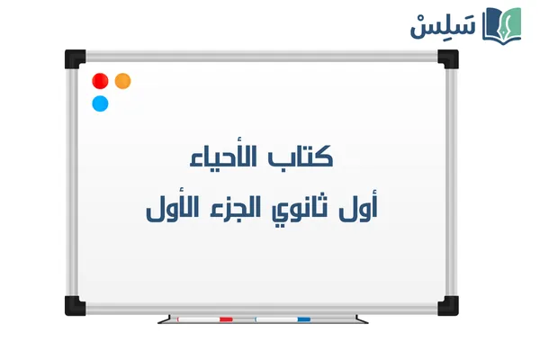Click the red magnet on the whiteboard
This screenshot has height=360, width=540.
[x=99, y=81]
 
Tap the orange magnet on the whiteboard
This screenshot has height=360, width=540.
[x=123, y=81]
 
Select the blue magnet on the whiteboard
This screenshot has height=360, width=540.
[x=100, y=103]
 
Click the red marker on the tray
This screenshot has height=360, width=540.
[x=204, y=319]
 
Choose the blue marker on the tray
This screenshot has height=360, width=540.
[x=283, y=319]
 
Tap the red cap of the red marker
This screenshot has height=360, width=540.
[x=226, y=319]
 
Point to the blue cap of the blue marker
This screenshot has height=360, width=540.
[x=303, y=319]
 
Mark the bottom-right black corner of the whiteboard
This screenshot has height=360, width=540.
[x=447, y=306]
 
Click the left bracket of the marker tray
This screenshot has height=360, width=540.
[x=164, y=319]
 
